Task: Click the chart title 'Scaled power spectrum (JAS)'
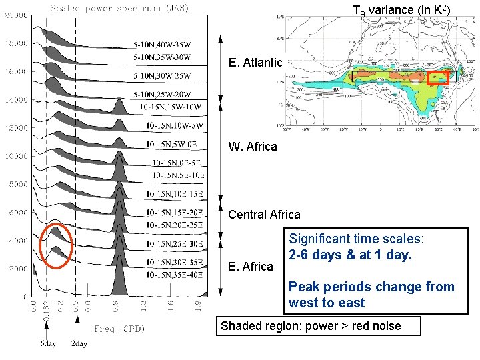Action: pyautogui.click(x=119, y=8)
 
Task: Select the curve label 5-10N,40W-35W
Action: pyautogui.click(x=163, y=45)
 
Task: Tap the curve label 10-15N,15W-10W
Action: pyautogui.click(x=171, y=106)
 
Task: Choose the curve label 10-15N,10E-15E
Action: pyautogui.click(x=174, y=193)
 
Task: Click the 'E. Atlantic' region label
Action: pyautogui.click(x=255, y=63)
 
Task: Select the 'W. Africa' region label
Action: pyautogui.click(x=253, y=147)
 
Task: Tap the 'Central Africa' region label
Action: pyautogui.click(x=264, y=215)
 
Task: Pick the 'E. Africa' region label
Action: pyautogui.click(x=251, y=267)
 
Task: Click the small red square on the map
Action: pyautogui.click(x=438, y=78)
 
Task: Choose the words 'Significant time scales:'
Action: pyautogui.click(x=357, y=239)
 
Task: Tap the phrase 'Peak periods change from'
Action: pyautogui.click(x=371, y=287)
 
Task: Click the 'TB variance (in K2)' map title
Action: pyautogui.click(x=401, y=9)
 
